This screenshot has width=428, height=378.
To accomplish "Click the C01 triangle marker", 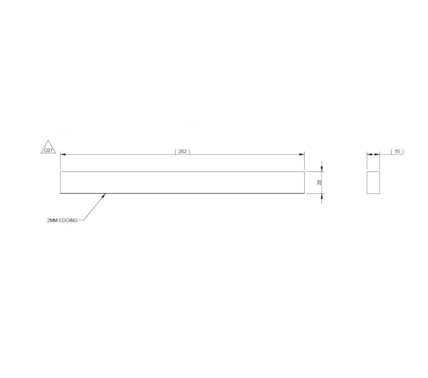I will [x=48, y=148].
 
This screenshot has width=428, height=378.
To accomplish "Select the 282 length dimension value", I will [x=182, y=152].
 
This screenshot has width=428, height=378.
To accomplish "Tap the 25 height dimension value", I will [x=319, y=182].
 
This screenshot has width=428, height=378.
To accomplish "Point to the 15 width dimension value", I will [x=397, y=152].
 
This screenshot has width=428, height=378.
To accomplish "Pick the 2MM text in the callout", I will [x=52, y=220].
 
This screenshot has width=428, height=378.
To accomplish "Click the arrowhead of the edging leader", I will [x=104, y=195].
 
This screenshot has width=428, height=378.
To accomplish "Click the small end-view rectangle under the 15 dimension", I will [x=373, y=183].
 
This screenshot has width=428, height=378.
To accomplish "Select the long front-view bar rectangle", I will [x=182, y=183].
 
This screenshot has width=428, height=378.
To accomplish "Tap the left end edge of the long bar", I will [x=60, y=183].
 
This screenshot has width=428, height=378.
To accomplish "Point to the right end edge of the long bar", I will [x=304, y=183].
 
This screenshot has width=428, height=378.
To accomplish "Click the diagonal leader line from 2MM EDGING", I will [x=94, y=208].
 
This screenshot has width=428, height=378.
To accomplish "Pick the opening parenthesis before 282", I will [x=175, y=152].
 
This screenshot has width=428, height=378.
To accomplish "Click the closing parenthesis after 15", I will [x=403, y=152].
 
